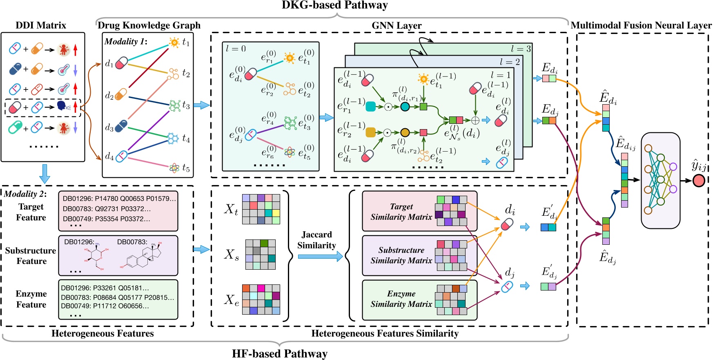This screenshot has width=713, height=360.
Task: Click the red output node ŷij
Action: tap(699, 180)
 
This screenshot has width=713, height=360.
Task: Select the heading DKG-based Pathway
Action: tap(335, 5)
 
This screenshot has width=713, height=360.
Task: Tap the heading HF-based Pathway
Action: tap(280, 353)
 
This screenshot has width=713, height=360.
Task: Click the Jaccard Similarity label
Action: tap(316, 240)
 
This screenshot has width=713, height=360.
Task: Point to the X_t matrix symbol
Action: tap(231, 209)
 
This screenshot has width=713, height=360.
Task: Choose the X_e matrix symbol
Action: tap(231, 300)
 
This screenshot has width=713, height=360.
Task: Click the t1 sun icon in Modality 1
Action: tap(174, 42)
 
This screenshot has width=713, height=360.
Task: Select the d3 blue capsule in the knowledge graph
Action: tap(121, 126)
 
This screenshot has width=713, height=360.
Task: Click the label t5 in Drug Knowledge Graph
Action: tap(186, 168)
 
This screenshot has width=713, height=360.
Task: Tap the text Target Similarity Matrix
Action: tap(401, 212)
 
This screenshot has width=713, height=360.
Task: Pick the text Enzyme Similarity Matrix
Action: tap(401, 299)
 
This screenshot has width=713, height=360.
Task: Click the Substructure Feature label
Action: tap(31, 256)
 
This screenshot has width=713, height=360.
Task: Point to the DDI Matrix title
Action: tap(41, 25)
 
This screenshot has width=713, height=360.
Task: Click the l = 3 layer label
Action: tap(521, 49)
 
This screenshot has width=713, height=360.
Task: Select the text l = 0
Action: tap(236, 49)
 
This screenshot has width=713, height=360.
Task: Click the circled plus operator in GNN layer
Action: tap(475, 120)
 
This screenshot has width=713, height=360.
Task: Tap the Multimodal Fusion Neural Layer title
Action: tap(641, 25)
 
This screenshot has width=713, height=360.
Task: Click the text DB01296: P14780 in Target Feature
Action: tap(89, 199)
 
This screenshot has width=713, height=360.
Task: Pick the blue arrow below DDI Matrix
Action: tap(44, 173)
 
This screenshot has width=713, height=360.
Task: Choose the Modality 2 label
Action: tap(25, 194)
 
